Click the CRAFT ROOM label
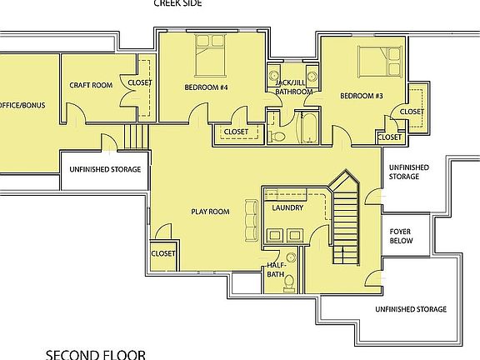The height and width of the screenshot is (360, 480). (x=91, y=85)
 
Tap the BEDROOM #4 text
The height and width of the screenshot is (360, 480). (x=207, y=87)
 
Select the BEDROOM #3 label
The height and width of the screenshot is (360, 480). (x=362, y=96)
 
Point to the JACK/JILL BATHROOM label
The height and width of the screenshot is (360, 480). (x=294, y=87)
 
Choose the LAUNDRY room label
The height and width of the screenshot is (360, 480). (x=287, y=207)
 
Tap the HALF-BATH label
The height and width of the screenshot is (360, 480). (x=278, y=269)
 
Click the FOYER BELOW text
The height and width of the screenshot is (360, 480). (x=402, y=237)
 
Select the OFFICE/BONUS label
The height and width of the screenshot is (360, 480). (x=22, y=105)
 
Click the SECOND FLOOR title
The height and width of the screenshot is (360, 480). (x=96, y=353)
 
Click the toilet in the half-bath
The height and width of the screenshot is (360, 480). (x=288, y=283)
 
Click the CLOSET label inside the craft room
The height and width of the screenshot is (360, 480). (x=140, y=82)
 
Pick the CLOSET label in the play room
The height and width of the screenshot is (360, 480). (x=163, y=253)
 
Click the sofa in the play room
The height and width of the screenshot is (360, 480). (x=250, y=218)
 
